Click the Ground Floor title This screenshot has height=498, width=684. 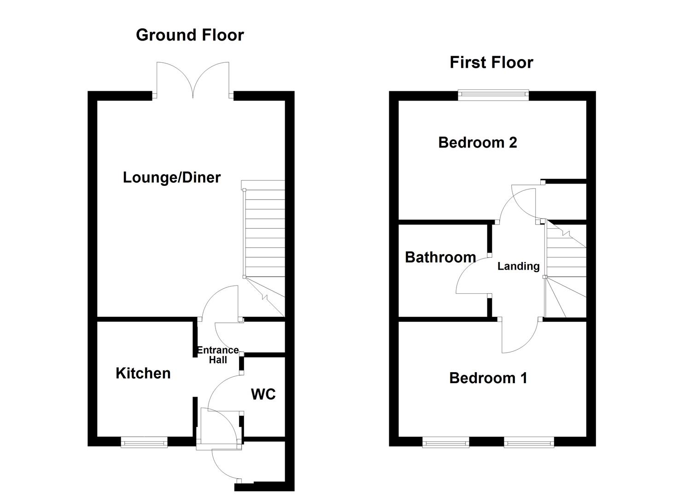190,35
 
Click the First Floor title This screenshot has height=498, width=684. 491,62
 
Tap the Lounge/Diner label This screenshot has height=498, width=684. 171,178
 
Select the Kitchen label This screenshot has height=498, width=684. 143,373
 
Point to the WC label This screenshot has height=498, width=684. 263,394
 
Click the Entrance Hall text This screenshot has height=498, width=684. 217,355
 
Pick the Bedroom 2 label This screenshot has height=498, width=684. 477,142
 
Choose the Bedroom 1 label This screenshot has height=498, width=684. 488,378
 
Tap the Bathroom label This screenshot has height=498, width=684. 440,257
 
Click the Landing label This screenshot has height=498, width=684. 518,266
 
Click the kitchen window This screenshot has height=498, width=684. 144,443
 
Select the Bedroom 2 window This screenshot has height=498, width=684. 493,95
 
